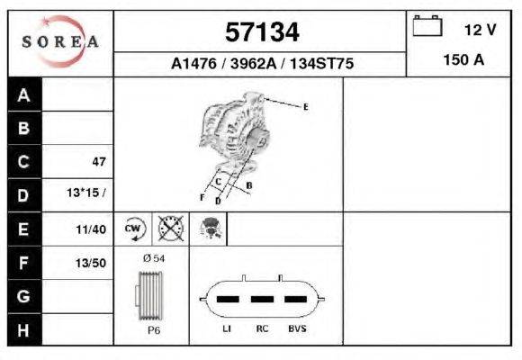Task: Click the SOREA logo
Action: pos(60,42)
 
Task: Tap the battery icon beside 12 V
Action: pos(427,26)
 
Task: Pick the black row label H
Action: pos(24,330)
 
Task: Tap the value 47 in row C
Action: pos(99,162)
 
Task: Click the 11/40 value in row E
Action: pos(93,229)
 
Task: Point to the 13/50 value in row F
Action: pos(93,263)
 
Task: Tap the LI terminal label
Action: pos(227,329)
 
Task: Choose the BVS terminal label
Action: pos(295,329)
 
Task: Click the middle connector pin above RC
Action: pos(262,298)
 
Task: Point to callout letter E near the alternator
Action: pos(305,107)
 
